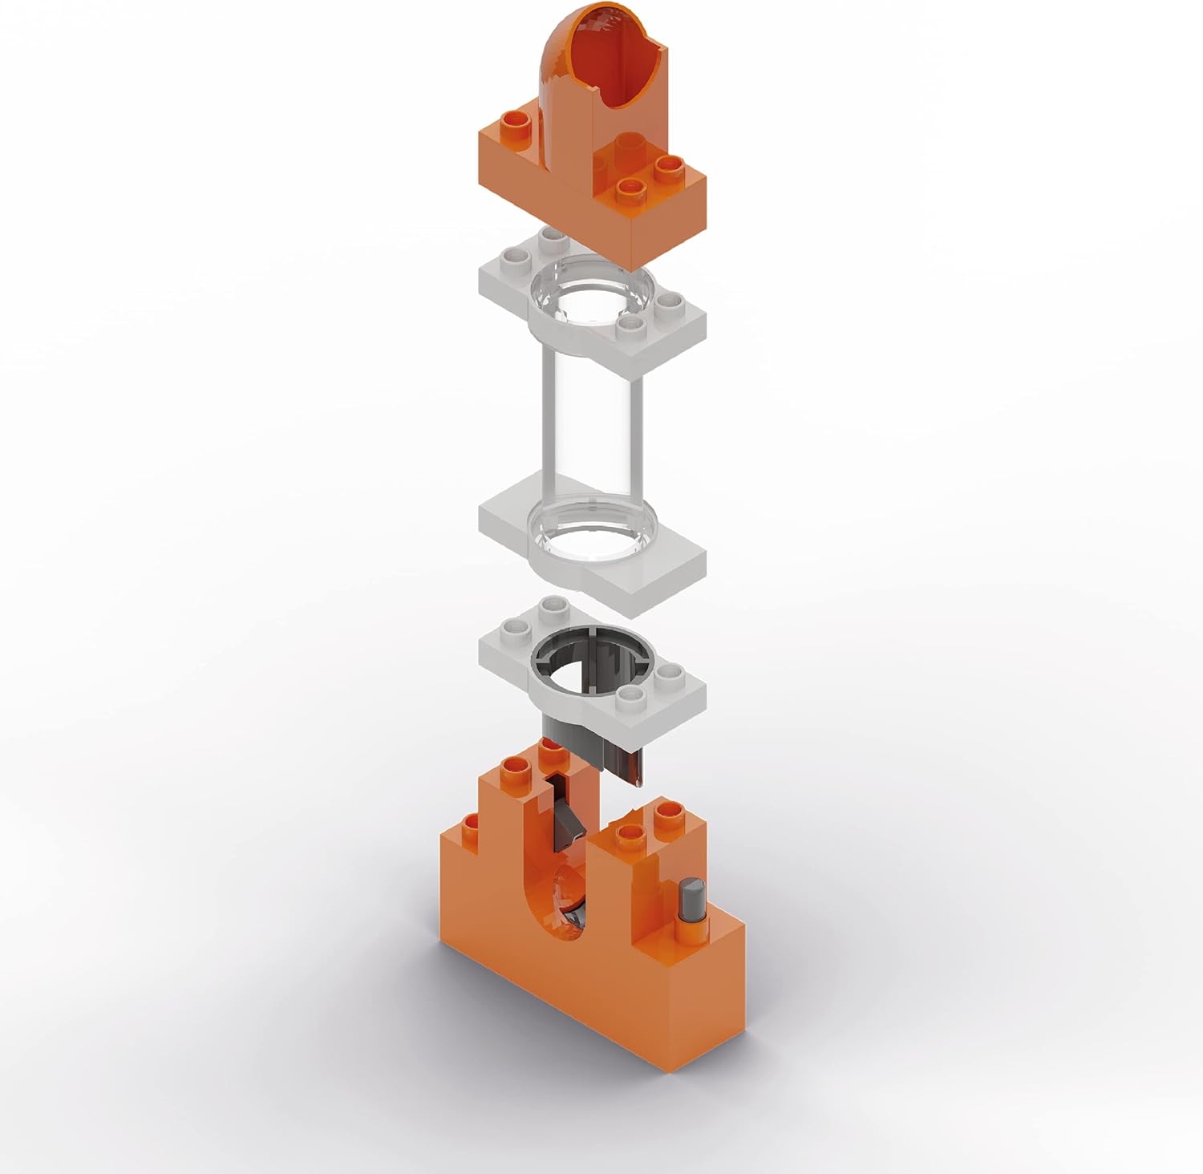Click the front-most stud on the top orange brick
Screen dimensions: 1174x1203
coord(633,188)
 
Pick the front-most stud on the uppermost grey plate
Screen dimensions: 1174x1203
coord(633,323)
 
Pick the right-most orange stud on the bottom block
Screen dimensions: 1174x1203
coord(667,814)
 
